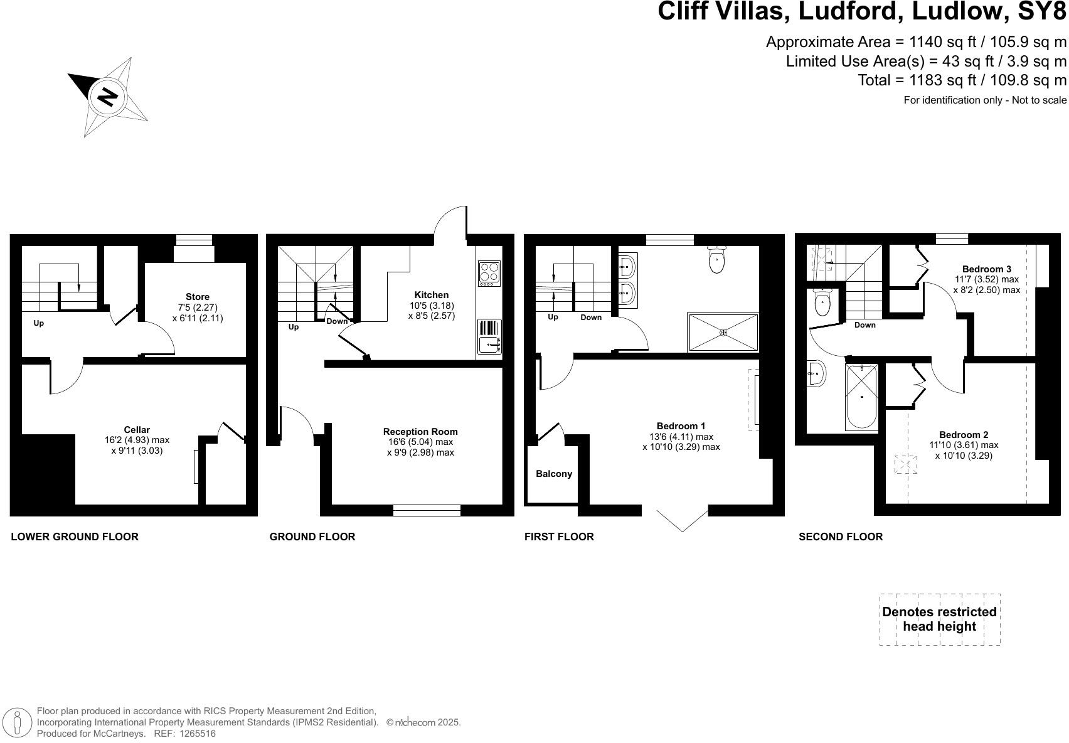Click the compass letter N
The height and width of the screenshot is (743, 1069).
click(108, 97)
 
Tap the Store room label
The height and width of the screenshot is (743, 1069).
click(198, 297)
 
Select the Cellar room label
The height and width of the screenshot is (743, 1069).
click(137, 430)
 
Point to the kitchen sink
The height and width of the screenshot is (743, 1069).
click(489, 345)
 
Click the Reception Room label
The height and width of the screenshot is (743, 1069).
click(420, 432)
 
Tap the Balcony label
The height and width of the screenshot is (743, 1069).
click(554, 474)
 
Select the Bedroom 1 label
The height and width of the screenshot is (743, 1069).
click(681, 425)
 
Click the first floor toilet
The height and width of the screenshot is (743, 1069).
click(716, 259)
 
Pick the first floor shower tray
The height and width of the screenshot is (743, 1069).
click(723, 333)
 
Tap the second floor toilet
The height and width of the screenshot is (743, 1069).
click(822, 302)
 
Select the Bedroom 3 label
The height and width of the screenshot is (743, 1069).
click(987, 269)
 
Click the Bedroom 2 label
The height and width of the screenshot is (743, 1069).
click(964, 435)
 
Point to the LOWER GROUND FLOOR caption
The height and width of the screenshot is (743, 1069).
click(75, 537)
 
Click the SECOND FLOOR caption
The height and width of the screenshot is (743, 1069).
click(840, 537)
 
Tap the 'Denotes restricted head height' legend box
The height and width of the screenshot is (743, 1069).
click(939, 619)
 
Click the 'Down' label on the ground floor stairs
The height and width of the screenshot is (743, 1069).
click(337, 321)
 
